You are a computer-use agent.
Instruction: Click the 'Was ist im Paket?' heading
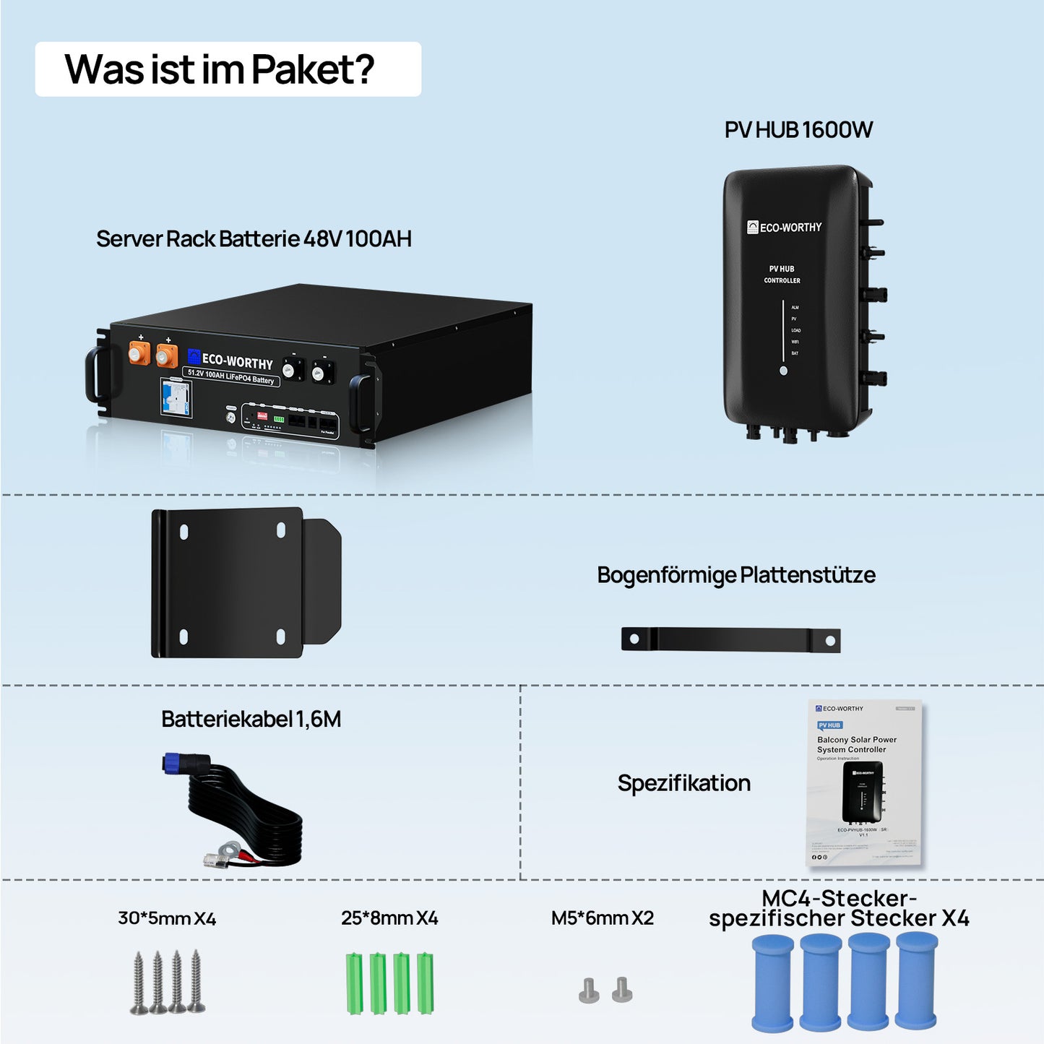click(x=220, y=69)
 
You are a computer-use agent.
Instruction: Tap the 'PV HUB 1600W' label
click(x=798, y=130)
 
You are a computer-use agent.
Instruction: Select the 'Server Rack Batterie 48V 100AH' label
click(x=254, y=239)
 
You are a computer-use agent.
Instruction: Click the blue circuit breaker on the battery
click(x=176, y=397)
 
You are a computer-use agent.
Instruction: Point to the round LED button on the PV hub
click(x=783, y=371)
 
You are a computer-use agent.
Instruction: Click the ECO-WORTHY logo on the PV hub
click(x=784, y=228)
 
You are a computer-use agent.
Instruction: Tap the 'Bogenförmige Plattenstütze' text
click(x=735, y=575)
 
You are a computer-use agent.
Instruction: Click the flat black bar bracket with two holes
click(x=730, y=639)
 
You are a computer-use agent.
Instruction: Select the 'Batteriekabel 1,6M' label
click(x=251, y=720)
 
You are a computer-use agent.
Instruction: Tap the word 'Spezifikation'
click(x=683, y=783)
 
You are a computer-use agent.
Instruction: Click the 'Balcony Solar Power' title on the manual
click(x=856, y=740)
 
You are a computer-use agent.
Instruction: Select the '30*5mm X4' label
click(x=167, y=918)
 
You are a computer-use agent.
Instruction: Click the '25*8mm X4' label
click(x=389, y=918)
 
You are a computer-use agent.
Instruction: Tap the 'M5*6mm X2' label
click(x=602, y=918)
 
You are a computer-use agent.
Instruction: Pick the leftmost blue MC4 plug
click(x=772, y=983)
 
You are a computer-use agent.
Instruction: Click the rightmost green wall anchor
click(x=425, y=983)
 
